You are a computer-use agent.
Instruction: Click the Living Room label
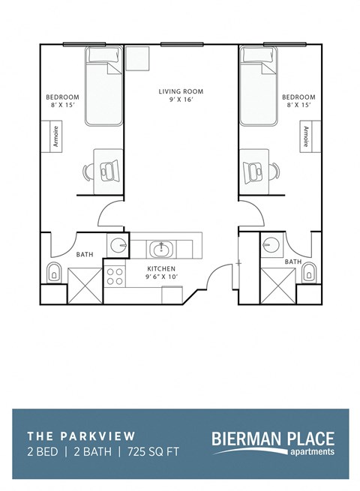(x=181, y=92)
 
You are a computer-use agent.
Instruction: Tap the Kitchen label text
(x=160, y=268)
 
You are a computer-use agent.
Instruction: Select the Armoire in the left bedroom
(x=56, y=136)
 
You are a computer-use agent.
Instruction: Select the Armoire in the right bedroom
(x=305, y=136)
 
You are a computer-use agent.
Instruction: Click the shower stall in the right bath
(x=276, y=286)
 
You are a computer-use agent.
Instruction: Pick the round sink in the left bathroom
(x=117, y=246)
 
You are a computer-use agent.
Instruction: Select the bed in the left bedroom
(x=103, y=86)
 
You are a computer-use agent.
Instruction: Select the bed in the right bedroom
(x=257, y=86)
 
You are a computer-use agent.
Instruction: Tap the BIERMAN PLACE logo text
(x=273, y=438)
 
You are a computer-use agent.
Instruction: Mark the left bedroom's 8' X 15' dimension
(x=62, y=106)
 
